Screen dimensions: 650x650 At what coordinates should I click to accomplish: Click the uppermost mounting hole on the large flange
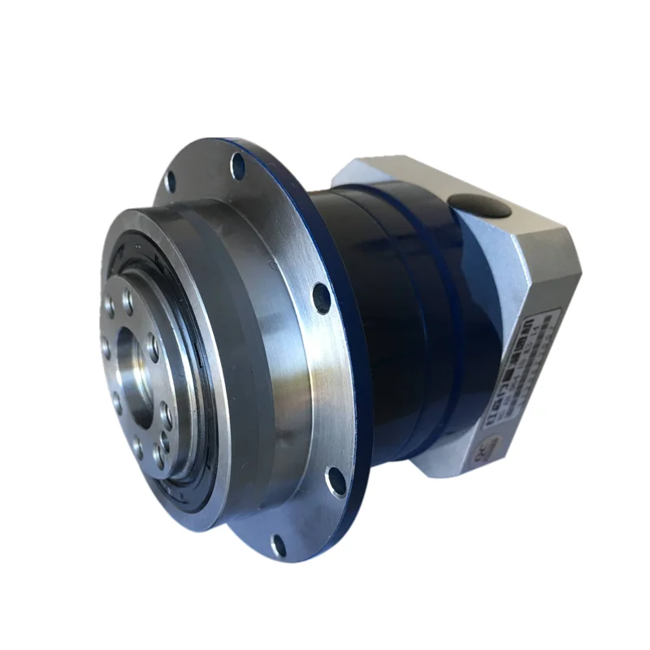tap(238, 167)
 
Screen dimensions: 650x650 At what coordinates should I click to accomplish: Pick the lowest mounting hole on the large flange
tap(279, 544)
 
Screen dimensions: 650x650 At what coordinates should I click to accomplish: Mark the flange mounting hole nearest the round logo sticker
tap(336, 483)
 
